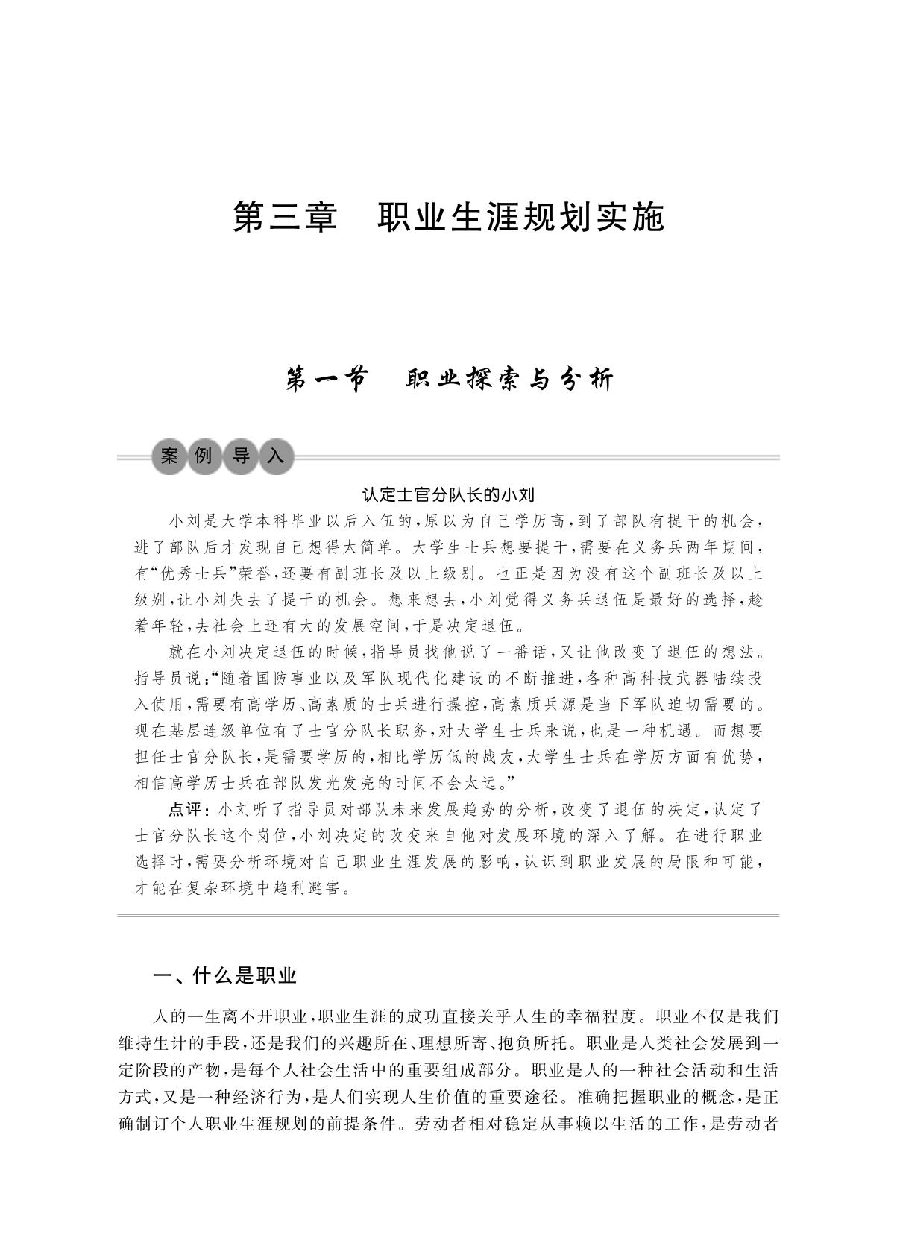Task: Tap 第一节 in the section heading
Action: point(327,380)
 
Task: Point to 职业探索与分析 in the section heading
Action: point(510,380)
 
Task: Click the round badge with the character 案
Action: point(169,456)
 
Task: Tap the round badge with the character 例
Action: point(204,456)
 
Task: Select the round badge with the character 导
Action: point(240,456)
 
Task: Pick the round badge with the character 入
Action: point(276,456)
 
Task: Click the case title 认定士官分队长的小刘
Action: point(449,494)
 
